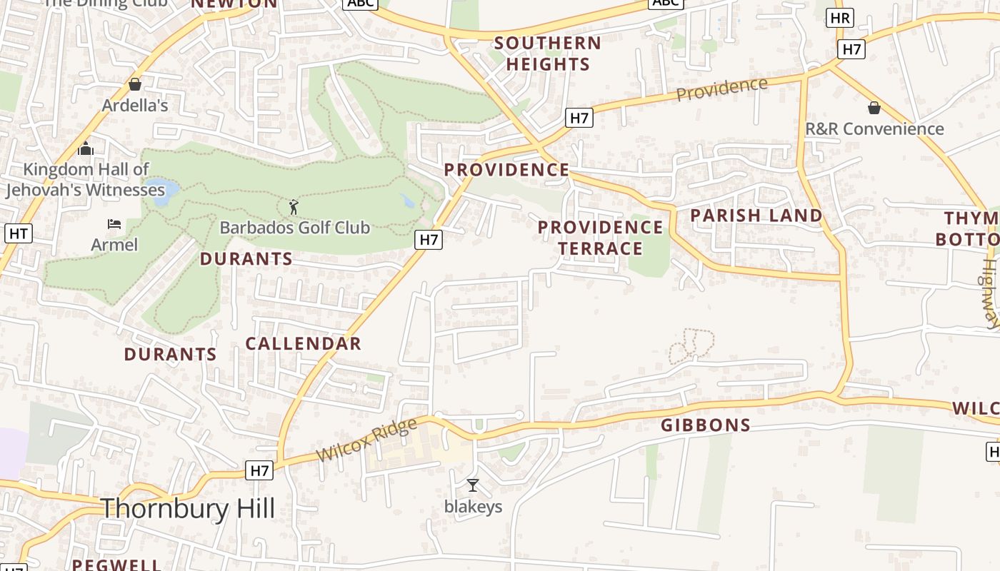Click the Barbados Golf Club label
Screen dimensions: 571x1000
[294, 228]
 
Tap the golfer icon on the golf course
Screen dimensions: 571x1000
[294, 208]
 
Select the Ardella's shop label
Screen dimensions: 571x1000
[135, 106]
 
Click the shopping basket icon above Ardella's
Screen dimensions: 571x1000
[135, 85]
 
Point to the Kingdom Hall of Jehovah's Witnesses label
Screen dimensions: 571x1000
[86, 179]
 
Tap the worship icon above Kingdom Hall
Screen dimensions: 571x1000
[86, 149]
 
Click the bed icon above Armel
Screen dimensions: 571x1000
[114, 224]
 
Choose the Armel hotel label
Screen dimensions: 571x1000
[114, 245]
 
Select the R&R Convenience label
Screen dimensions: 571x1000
[874, 129]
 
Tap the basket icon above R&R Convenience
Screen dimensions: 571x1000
[874, 108]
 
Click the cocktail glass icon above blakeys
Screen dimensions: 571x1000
[473, 486]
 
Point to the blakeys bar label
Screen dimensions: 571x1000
[473, 507]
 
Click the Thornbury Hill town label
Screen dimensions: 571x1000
[188, 509]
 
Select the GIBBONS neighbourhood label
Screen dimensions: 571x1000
[706, 425]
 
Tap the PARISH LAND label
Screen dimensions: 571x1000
[756, 216]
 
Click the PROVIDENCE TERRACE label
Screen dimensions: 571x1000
[600, 238]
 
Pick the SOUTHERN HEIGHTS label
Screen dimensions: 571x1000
[548, 54]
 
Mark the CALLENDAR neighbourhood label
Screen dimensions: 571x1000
[304, 343]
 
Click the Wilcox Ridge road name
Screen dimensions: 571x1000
[366, 440]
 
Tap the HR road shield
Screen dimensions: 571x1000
[840, 18]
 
